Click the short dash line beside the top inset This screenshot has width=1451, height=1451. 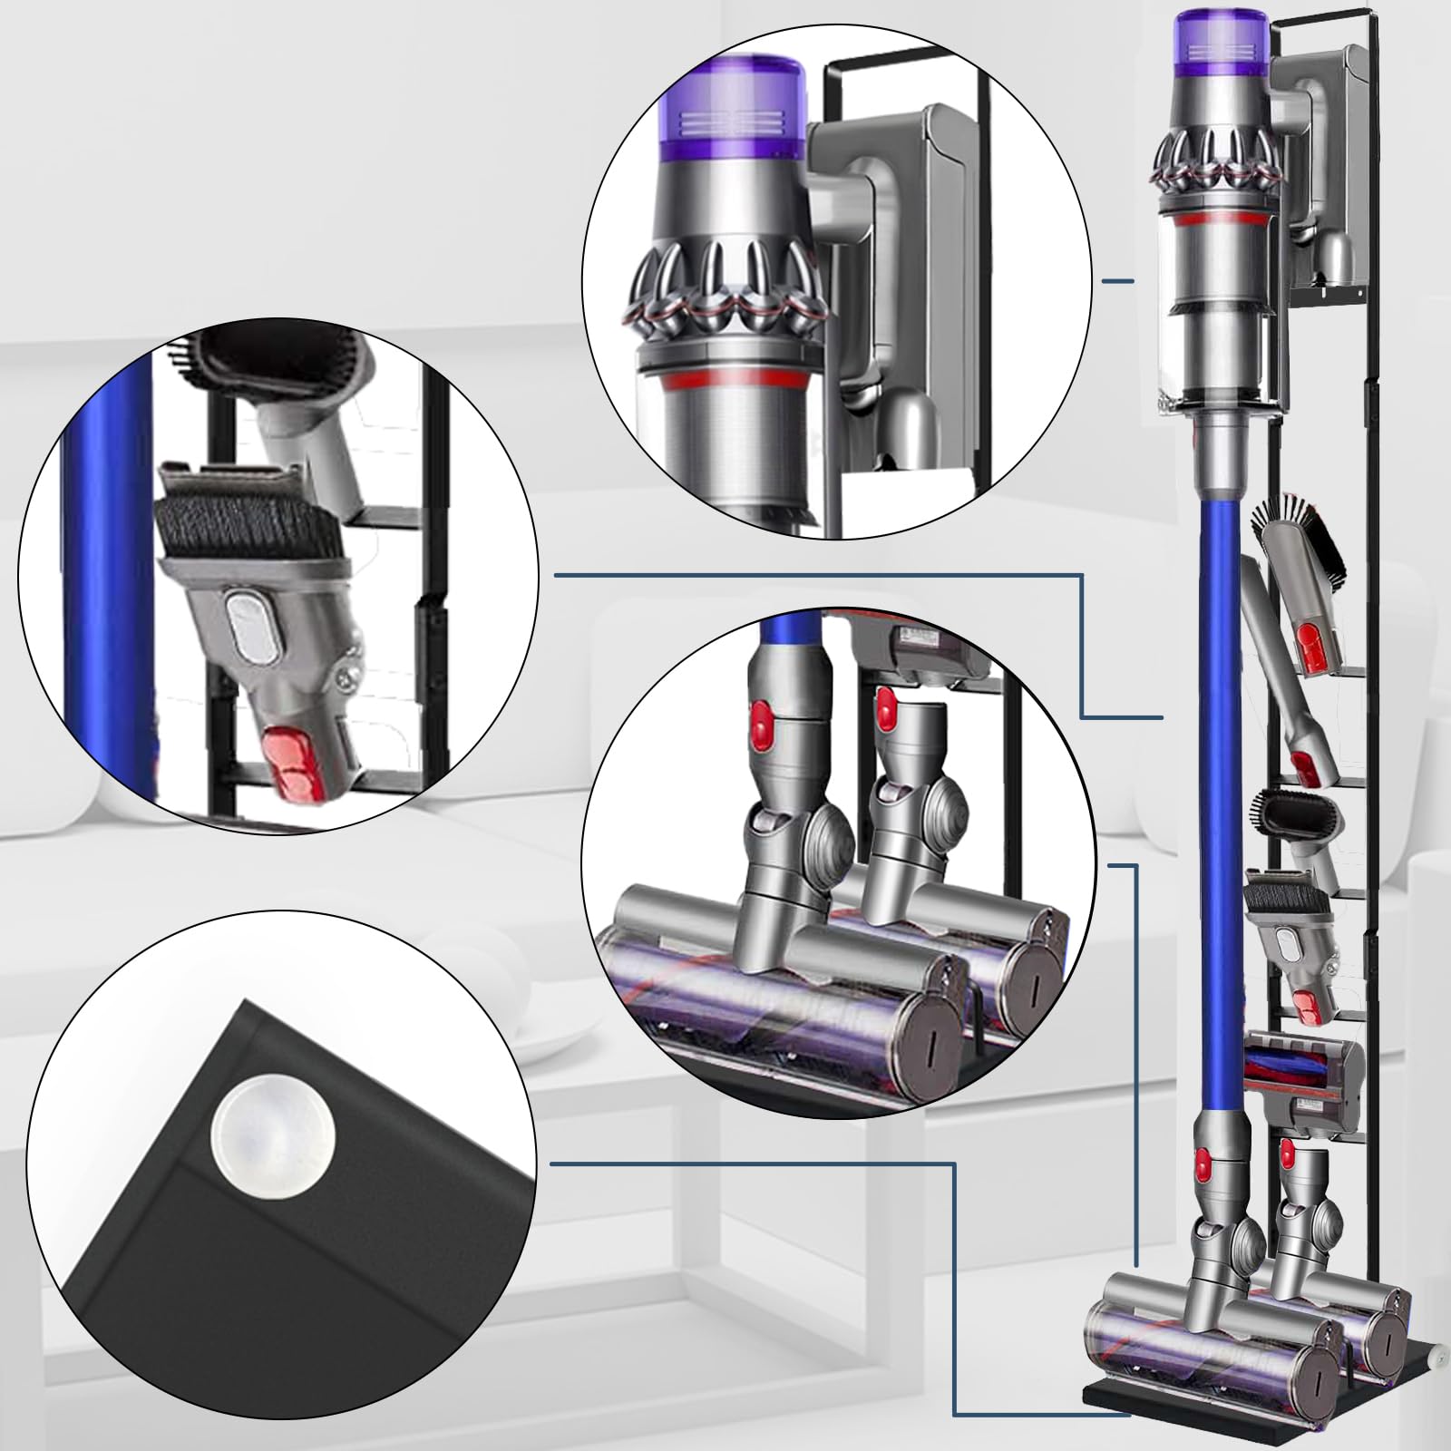[x=1117, y=281]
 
